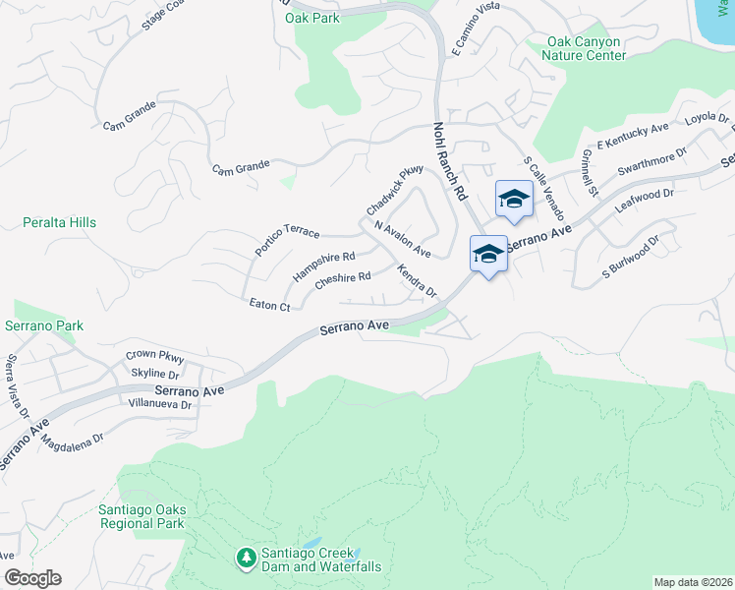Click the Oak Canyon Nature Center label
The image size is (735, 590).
tap(586, 49)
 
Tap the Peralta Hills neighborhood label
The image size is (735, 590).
tap(60, 223)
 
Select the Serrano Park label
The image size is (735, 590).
tap(43, 325)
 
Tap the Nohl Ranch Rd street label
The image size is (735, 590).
tap(448, 162)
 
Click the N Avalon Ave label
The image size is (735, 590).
tap(403, 238)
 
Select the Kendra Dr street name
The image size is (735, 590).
tap(417, 280)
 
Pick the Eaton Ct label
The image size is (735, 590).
tap(270, 307)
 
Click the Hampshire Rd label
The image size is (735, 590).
tap(323, 265)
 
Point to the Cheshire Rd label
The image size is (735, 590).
tap(342, 280)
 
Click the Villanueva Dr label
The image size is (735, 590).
tap(159, 404)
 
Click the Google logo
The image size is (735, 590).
tap(32, 578)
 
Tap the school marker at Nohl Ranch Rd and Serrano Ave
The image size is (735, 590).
tap(488, 253)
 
